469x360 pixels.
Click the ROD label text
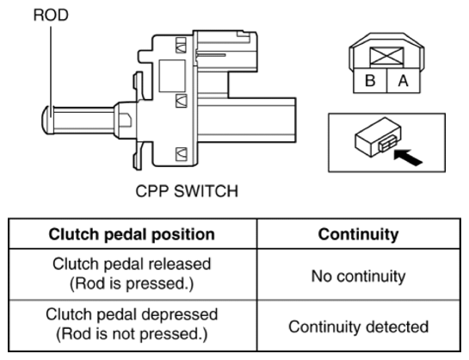click(51, 15)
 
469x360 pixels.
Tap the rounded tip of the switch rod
click(46, 120)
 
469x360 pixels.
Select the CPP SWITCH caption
click(187, 191)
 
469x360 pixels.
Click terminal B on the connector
click(370, 80)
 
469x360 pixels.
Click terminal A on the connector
click(404, 80)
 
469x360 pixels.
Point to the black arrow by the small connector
click(408, 157)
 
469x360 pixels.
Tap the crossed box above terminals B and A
click(386, 56)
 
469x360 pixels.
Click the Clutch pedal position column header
click(132, 234)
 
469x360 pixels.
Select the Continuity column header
click(358, 234)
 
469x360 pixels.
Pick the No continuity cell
click(358, 276)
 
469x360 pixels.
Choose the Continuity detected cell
click(358, 326)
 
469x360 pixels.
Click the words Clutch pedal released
click(132, 264)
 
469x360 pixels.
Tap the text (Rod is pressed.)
click(132, 283)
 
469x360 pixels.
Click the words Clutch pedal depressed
click(132, 314)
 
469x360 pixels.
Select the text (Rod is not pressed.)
click(132, 334)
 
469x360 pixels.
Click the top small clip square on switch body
click(181, 45)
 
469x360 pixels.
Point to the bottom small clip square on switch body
click(181, 154)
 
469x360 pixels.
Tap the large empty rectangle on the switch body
click(172, 76)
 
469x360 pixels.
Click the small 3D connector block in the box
click(378, 137)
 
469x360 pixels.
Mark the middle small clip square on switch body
click(181, 101)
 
